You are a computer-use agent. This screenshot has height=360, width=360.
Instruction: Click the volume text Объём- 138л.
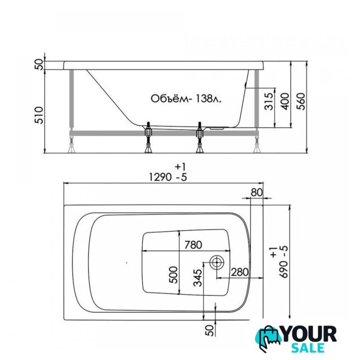tap(186, 99)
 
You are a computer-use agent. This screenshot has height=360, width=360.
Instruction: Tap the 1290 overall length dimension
tap(160, 177)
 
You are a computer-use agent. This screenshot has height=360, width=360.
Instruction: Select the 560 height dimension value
tap(301, 101)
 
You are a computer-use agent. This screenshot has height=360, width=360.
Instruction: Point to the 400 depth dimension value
tap(285, 101)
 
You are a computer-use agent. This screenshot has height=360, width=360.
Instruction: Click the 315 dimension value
tap(269, 101)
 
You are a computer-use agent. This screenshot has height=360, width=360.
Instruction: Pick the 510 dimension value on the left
tap(39, 115)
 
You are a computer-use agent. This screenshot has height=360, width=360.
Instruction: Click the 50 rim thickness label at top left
tap(39, 64)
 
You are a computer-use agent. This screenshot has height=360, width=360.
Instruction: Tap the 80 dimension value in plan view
tap(256, 192)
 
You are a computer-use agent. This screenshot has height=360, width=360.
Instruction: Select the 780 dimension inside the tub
tap(193, 245)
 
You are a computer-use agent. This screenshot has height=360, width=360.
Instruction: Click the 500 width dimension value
tap(173, 275)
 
